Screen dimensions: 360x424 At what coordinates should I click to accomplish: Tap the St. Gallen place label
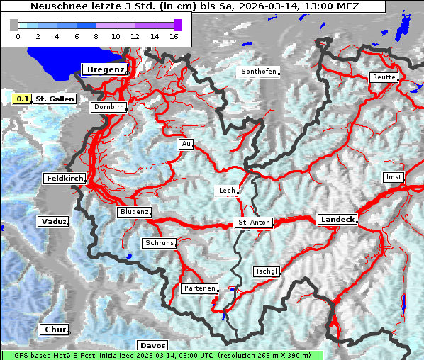(x=55, y=99)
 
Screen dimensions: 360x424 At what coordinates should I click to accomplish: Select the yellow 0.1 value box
(x=23, y=99)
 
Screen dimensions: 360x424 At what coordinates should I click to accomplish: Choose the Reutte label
(x=383, y=77)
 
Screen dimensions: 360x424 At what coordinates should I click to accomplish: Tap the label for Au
(x=186, y=145)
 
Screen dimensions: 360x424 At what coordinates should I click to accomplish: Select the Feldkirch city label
(x=65, y=179)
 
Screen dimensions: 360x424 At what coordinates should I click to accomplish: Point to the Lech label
(x=227, y=191)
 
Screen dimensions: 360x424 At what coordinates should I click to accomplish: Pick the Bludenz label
(x=134, y=212)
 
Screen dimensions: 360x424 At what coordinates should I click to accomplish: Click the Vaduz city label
(x=54, y=222)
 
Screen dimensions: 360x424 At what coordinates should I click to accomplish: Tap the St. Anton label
(x=254, y=223)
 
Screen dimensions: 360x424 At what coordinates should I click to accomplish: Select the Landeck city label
(x=337, y=220)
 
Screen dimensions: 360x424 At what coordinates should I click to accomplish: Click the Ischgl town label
(x=267, y=271)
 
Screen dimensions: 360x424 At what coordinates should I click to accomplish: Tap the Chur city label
(x=54, y=330)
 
